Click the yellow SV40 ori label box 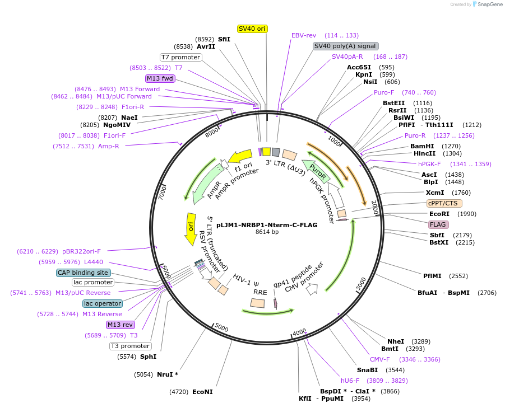[252, 29]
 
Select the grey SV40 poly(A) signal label [345, 46]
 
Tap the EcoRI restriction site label [440, 214]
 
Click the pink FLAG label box [438, 224]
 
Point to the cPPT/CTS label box [442, 203]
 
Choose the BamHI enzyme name [422, 146]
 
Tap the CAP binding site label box [82, 273]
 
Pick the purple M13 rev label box [121, 325]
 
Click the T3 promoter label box [130, 346]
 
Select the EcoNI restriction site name [202, 392]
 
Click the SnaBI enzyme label [367, 370]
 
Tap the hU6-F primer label [350, 381]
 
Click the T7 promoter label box [180, 57]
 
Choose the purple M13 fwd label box [160, 78]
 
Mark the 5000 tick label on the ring [222, 327]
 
